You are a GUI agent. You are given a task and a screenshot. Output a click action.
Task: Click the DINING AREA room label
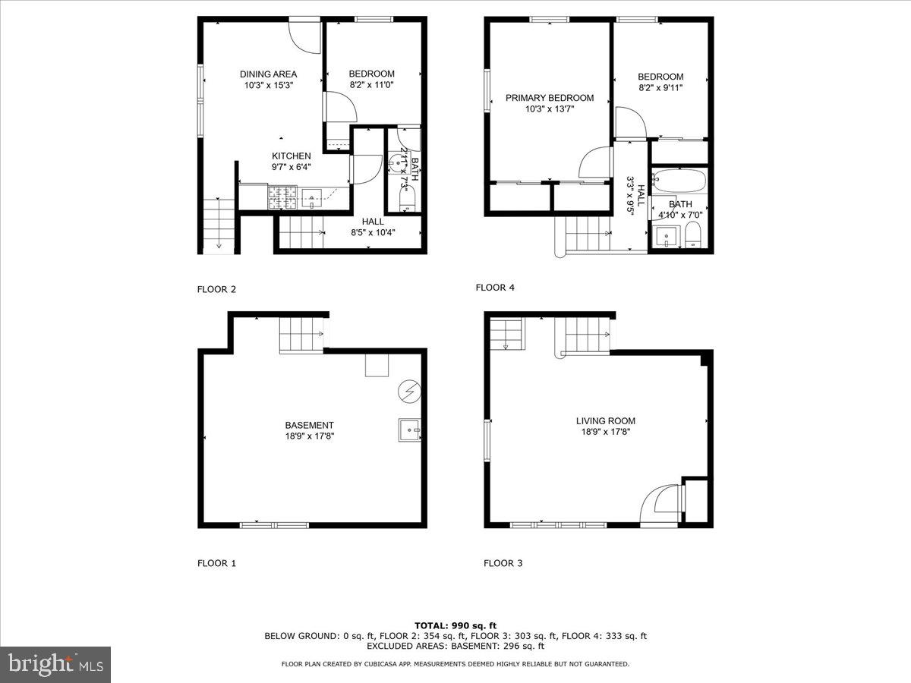click(x=268, y=74)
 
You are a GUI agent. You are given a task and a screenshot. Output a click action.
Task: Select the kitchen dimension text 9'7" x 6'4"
click(x=292, y=167)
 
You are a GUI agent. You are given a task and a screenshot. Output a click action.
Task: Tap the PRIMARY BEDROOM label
click(x=550, y=98)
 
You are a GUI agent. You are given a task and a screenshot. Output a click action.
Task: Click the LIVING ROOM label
click(x=605, y=420)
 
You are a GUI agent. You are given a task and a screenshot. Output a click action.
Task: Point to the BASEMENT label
click(x=309, y=425)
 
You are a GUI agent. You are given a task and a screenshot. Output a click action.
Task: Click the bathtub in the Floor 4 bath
click(x=679, y=182)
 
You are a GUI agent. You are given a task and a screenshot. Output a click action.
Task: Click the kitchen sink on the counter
click(x=312, y=200)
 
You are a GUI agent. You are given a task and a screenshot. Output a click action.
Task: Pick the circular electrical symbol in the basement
click(x=408, y=392)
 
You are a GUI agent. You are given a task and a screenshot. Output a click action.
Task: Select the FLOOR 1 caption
click(x=216, y=563)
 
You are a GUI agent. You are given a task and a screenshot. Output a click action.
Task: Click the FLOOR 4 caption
click(x=495, y=287)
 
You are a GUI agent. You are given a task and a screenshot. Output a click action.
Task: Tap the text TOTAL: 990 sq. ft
click(x=455, y=625)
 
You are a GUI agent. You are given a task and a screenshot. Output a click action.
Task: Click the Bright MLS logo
click(x=55, y=664)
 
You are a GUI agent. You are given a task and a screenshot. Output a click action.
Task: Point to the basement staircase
click(x=301, y=335)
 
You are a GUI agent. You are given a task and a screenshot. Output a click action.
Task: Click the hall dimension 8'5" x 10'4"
click(x=372, y=232)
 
